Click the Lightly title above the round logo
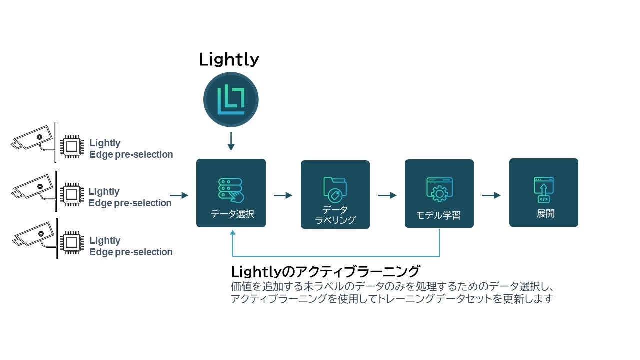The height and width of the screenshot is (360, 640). click(x=229, y=59)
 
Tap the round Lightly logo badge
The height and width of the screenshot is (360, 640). click(x=231, y=99)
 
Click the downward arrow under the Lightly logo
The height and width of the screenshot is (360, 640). click(x=231, y=141)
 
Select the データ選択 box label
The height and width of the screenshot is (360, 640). click(x=232, y=214)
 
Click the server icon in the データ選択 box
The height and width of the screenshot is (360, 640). click(x=231, y=190)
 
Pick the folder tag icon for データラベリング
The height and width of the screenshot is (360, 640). click(x=335, y=189)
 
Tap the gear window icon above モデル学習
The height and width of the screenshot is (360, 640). click(x=439, y=189)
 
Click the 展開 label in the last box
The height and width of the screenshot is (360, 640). click(x=545, y=213)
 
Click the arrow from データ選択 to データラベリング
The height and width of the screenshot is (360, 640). click(x=283, y=195)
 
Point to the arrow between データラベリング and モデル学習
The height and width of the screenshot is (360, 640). click(x=387, y=195)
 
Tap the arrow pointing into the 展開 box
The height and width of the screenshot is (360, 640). click(x=491, y=195)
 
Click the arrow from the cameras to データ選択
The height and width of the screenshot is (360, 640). click(x=179, y=195)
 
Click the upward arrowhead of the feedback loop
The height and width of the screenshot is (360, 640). click(x=233, y=233)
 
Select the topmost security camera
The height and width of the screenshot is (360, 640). click(x=33, y=142)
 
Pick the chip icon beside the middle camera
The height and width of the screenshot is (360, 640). click(x=72, y=195)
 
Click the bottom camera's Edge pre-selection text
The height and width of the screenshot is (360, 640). click(x=131, y=252)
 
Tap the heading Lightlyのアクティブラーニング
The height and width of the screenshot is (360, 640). click(x=325, y=271)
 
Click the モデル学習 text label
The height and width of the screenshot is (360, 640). click(x=438, y=215)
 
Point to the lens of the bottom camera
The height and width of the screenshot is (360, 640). click(x=41, y=234)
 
